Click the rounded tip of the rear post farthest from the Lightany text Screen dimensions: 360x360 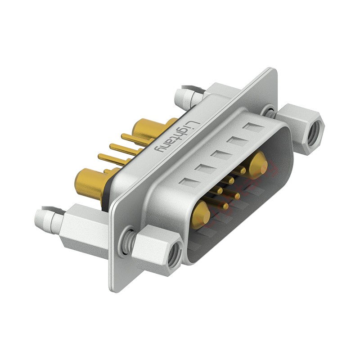pyautogui.click(x=40, y=219)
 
